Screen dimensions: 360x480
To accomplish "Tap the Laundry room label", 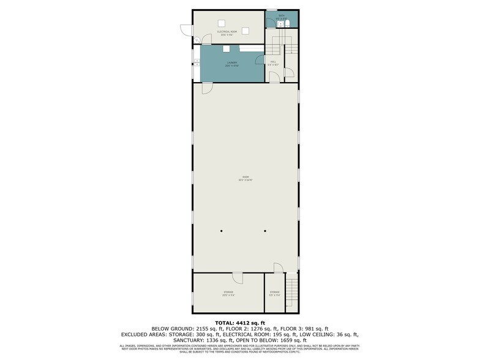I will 231,62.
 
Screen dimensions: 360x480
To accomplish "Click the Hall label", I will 273,62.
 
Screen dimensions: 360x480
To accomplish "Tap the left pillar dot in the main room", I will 222,231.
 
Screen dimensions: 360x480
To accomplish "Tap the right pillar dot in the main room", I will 266,231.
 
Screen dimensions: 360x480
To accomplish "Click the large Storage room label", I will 228,293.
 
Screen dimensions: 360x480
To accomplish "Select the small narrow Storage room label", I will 274,292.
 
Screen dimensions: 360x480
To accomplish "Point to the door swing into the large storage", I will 238,278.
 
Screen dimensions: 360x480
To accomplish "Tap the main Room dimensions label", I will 245,179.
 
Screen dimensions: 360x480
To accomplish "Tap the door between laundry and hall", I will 271,75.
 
